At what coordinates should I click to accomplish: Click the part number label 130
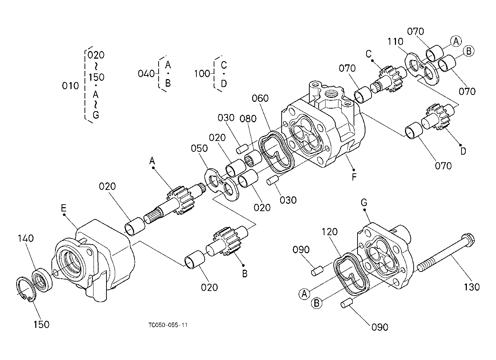click(x=472, y=287)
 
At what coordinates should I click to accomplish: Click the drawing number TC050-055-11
click(x=168, y=325)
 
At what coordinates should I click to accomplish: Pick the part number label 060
click(x=260, y=98)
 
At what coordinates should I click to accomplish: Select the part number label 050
click(x=199, y=148)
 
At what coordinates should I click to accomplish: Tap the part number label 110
click(x=395, y=42)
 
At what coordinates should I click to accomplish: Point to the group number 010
click(x=70, y=86)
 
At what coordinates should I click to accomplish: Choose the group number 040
click(x=146, y=74)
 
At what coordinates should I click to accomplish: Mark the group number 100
click(x=202, y=74)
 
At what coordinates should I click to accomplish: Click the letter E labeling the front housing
click(x=64, y=208)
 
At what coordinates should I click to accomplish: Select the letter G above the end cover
click(x=364, y=203)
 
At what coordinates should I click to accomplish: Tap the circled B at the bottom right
click(x=317, y=303)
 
